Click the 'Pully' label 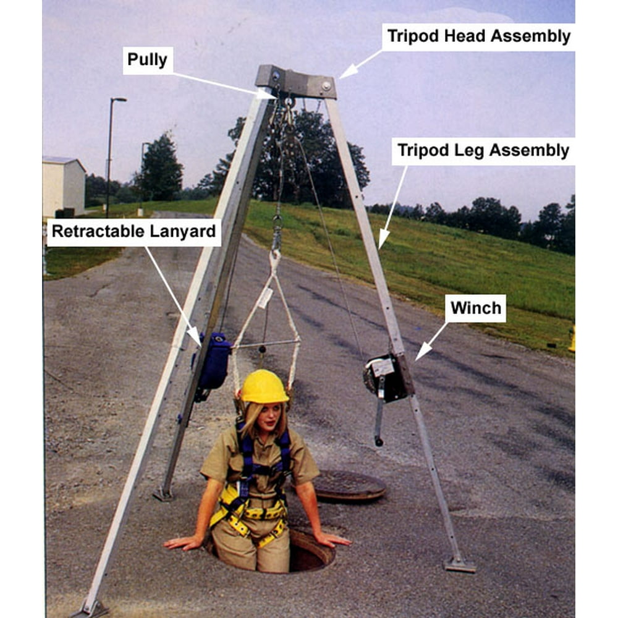(148, 60)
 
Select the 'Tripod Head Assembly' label (478, 36)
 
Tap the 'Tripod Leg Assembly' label (483, 151)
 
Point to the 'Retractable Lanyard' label (133, 232)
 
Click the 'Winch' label (475, 308)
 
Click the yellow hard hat (264, 387)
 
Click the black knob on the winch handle (378, 441)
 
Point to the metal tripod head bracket (297, 82)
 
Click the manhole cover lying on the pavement (349, 485)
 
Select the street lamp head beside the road (119, 99)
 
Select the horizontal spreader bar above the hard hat (265, 344)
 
